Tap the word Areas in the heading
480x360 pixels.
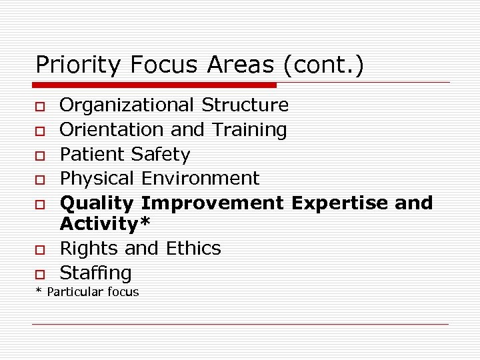[241, 65]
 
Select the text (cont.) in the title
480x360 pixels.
[323, 65]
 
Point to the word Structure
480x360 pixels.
[245, 105]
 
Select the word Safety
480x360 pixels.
[161, 155]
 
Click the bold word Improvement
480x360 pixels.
[213, 203]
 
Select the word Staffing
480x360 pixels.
[96, 273]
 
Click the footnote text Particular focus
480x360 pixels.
[92, 292]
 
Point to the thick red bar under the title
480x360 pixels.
[155, 85]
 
